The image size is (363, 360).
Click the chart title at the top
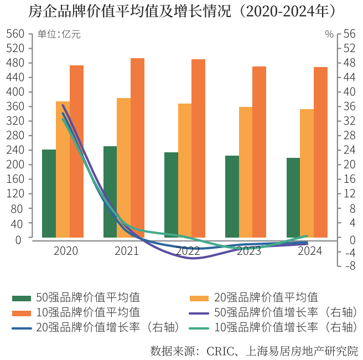[181, 12]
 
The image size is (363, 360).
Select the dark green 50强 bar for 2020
[49, 194]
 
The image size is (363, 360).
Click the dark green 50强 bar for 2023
[232, 197]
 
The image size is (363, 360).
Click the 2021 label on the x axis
[127, 251]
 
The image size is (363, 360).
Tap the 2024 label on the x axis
[310, 251]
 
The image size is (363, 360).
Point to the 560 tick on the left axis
[16, 34]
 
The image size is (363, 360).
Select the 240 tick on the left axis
[16, 150]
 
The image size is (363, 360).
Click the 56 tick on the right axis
[349, 34]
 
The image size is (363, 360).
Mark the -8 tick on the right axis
[348, 266]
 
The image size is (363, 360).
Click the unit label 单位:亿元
[59, 34]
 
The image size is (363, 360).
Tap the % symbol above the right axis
[329, 34]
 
